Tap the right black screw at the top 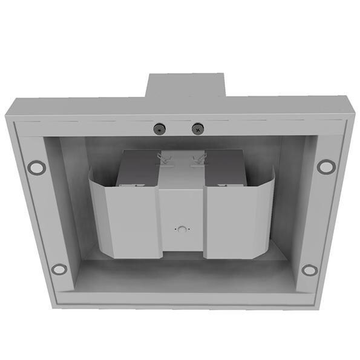click(x=198, y=128)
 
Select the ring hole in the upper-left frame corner click(x=36, y=167)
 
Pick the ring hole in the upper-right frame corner click(x=326, y=166)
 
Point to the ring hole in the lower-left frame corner click(x=59, y=269)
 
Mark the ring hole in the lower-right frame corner click(x=309, y=270)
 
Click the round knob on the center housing click(x=181, y=230)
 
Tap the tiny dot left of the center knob click(x=174, y=230)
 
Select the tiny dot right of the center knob click(x=188, y=230)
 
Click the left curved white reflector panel click(x=124, y=218)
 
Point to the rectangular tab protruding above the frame click(x=185, y=85)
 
